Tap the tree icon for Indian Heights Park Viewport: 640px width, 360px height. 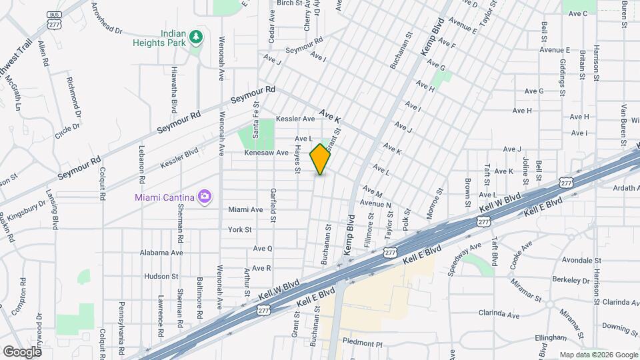click(196, 37)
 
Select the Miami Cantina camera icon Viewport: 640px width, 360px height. click(205, 196)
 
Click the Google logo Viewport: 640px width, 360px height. click(21, 351)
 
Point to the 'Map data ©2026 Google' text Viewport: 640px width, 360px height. click(598, 355)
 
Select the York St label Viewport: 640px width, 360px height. click(239, 229)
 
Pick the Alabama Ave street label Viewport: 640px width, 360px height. click(161, 253)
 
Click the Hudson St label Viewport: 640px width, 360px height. click(158, 276)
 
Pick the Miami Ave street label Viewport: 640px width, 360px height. click(245, 209)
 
